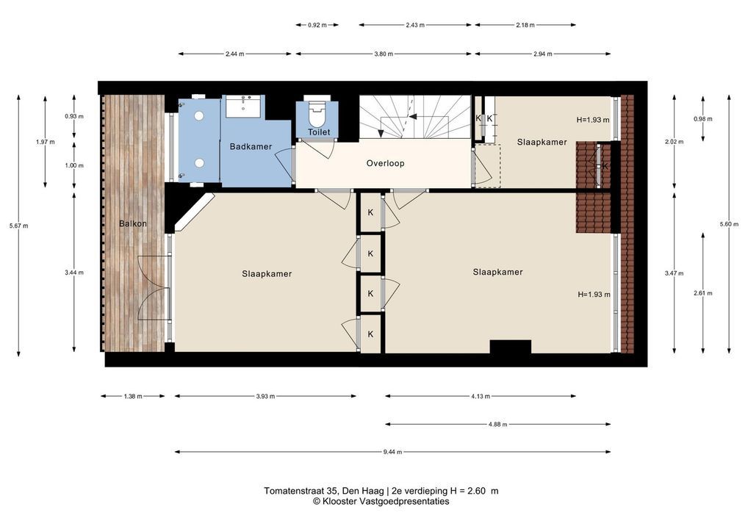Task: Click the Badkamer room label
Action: click(x=251, y=146)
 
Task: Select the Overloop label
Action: click(x=386, y=163)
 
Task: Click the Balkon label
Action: click(x=132, y=223)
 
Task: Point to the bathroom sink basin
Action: click(x=243, y=106)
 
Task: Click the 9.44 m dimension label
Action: click(x=392, y=452)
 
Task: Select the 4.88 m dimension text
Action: click(x=497, y=424)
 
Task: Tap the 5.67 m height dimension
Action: click(x=18, y=226)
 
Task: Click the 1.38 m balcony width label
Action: click(x=132, y=396)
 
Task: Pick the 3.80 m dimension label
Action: click(x=384, y=54)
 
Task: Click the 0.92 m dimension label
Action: click(x=317, y=25)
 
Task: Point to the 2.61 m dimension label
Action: click(x=702, y=293)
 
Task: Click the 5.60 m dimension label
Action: click(x=729, y=224)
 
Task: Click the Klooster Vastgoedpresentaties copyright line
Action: click(x=381, y=501)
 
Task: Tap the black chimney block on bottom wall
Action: click(x=511, y=346)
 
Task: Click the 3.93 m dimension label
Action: click(x=265, y=396)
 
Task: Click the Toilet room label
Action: click(x=319, y=132)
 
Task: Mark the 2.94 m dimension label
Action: click(x=542, y=54)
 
